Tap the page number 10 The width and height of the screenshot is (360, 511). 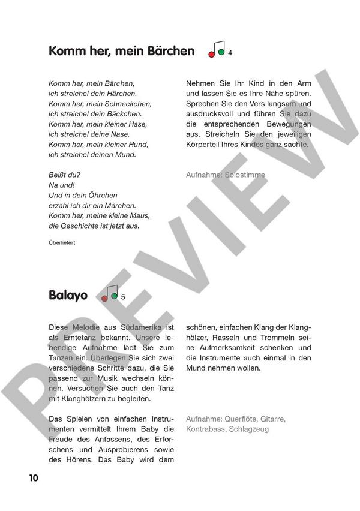point(32,477)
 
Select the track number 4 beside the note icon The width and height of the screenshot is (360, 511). point(230,53)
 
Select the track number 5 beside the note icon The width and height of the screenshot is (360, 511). point(123,297)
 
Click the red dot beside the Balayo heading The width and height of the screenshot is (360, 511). point(104,298)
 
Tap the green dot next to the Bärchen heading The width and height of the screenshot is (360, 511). point(221,52)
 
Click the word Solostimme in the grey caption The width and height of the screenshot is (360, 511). point(244,175)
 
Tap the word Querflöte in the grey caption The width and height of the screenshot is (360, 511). point(245,419)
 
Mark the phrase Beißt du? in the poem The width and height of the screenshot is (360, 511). point(63,175)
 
